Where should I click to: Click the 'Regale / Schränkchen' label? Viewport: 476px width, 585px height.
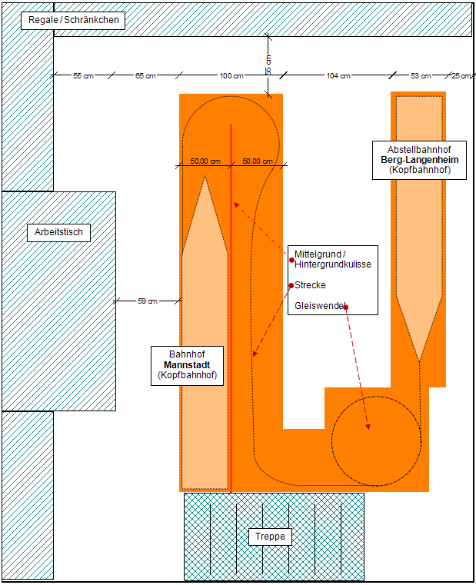(73, 21)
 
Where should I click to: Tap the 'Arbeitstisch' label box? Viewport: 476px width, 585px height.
(58, 232)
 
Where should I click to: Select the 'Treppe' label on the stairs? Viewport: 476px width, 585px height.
(270, 537)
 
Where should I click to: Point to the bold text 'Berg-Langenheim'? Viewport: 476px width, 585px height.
(419, 160)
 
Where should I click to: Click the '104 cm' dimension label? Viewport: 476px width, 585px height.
(338, 76)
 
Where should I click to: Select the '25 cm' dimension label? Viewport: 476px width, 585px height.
(461, 76)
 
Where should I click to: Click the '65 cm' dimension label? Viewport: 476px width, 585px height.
(145, 76)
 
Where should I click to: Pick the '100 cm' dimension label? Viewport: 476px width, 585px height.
(231, 76)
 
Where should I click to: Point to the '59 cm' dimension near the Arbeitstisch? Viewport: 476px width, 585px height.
(147, 301)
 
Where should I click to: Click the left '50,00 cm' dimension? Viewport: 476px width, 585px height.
(205, 161)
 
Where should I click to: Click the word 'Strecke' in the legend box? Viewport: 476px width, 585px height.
(311, 285)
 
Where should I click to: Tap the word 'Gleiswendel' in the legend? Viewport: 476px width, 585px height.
(320, 307)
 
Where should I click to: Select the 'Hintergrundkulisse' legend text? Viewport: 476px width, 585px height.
(333, 264)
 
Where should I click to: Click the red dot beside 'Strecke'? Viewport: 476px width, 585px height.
(291, 285)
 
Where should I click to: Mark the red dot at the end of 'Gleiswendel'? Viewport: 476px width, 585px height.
(346, 307)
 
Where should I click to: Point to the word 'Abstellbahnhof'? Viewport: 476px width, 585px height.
(419, 149)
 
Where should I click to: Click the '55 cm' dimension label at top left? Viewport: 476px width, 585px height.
(83, 76)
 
